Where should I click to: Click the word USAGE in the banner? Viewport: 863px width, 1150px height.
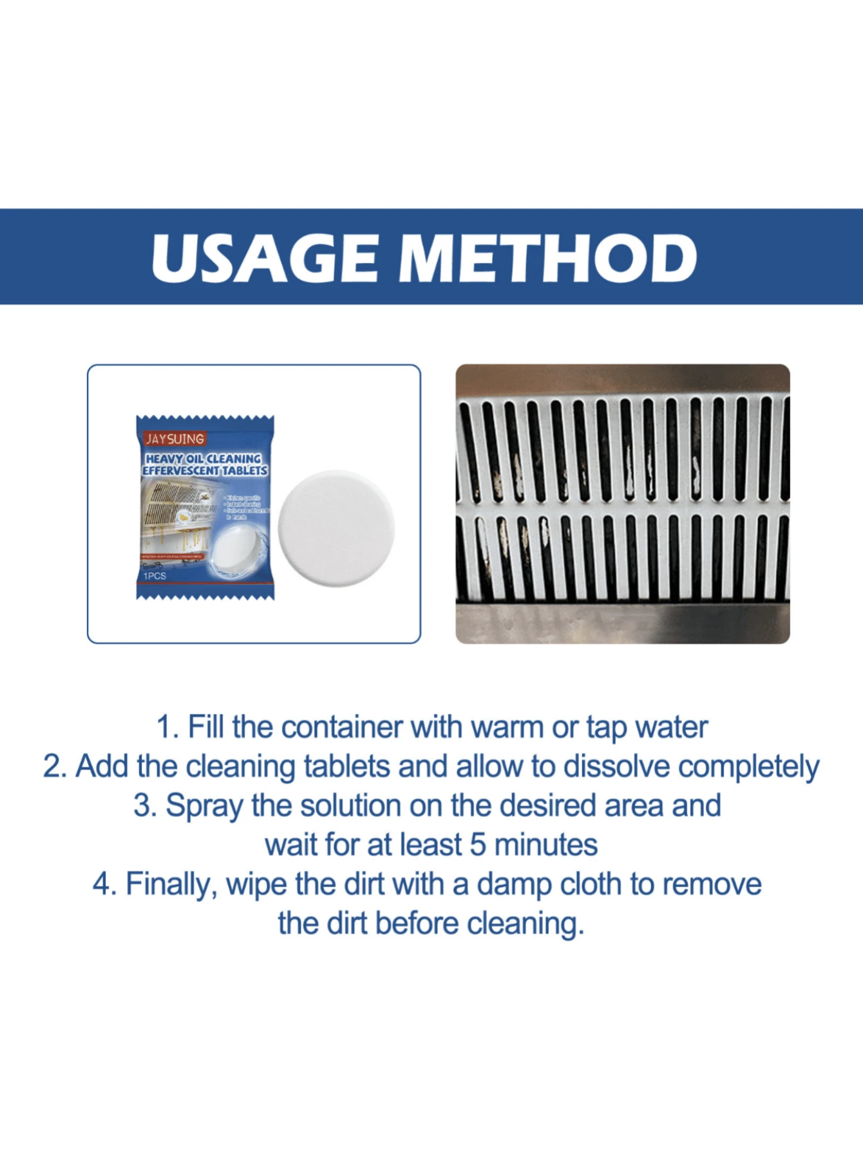click(x=264, y=258)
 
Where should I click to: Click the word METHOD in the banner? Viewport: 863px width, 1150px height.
click(x=547, y=258)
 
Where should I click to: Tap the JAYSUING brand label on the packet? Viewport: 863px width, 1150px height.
click(x=175, y=439)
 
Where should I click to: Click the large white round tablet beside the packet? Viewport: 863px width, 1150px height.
click(x=336, y=528)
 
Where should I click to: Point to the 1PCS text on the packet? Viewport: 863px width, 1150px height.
click(x=155, y=575)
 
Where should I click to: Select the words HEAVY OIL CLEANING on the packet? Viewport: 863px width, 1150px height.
click(x=204, y=459)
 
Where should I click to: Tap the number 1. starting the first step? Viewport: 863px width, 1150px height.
click(x=167, y=727)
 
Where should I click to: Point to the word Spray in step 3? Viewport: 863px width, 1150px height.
click(x=204, y=807)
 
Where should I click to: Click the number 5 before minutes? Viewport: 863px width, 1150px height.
click(x=477, y=845)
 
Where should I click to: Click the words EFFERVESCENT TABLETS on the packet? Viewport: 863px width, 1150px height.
click(x=205, y=471)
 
